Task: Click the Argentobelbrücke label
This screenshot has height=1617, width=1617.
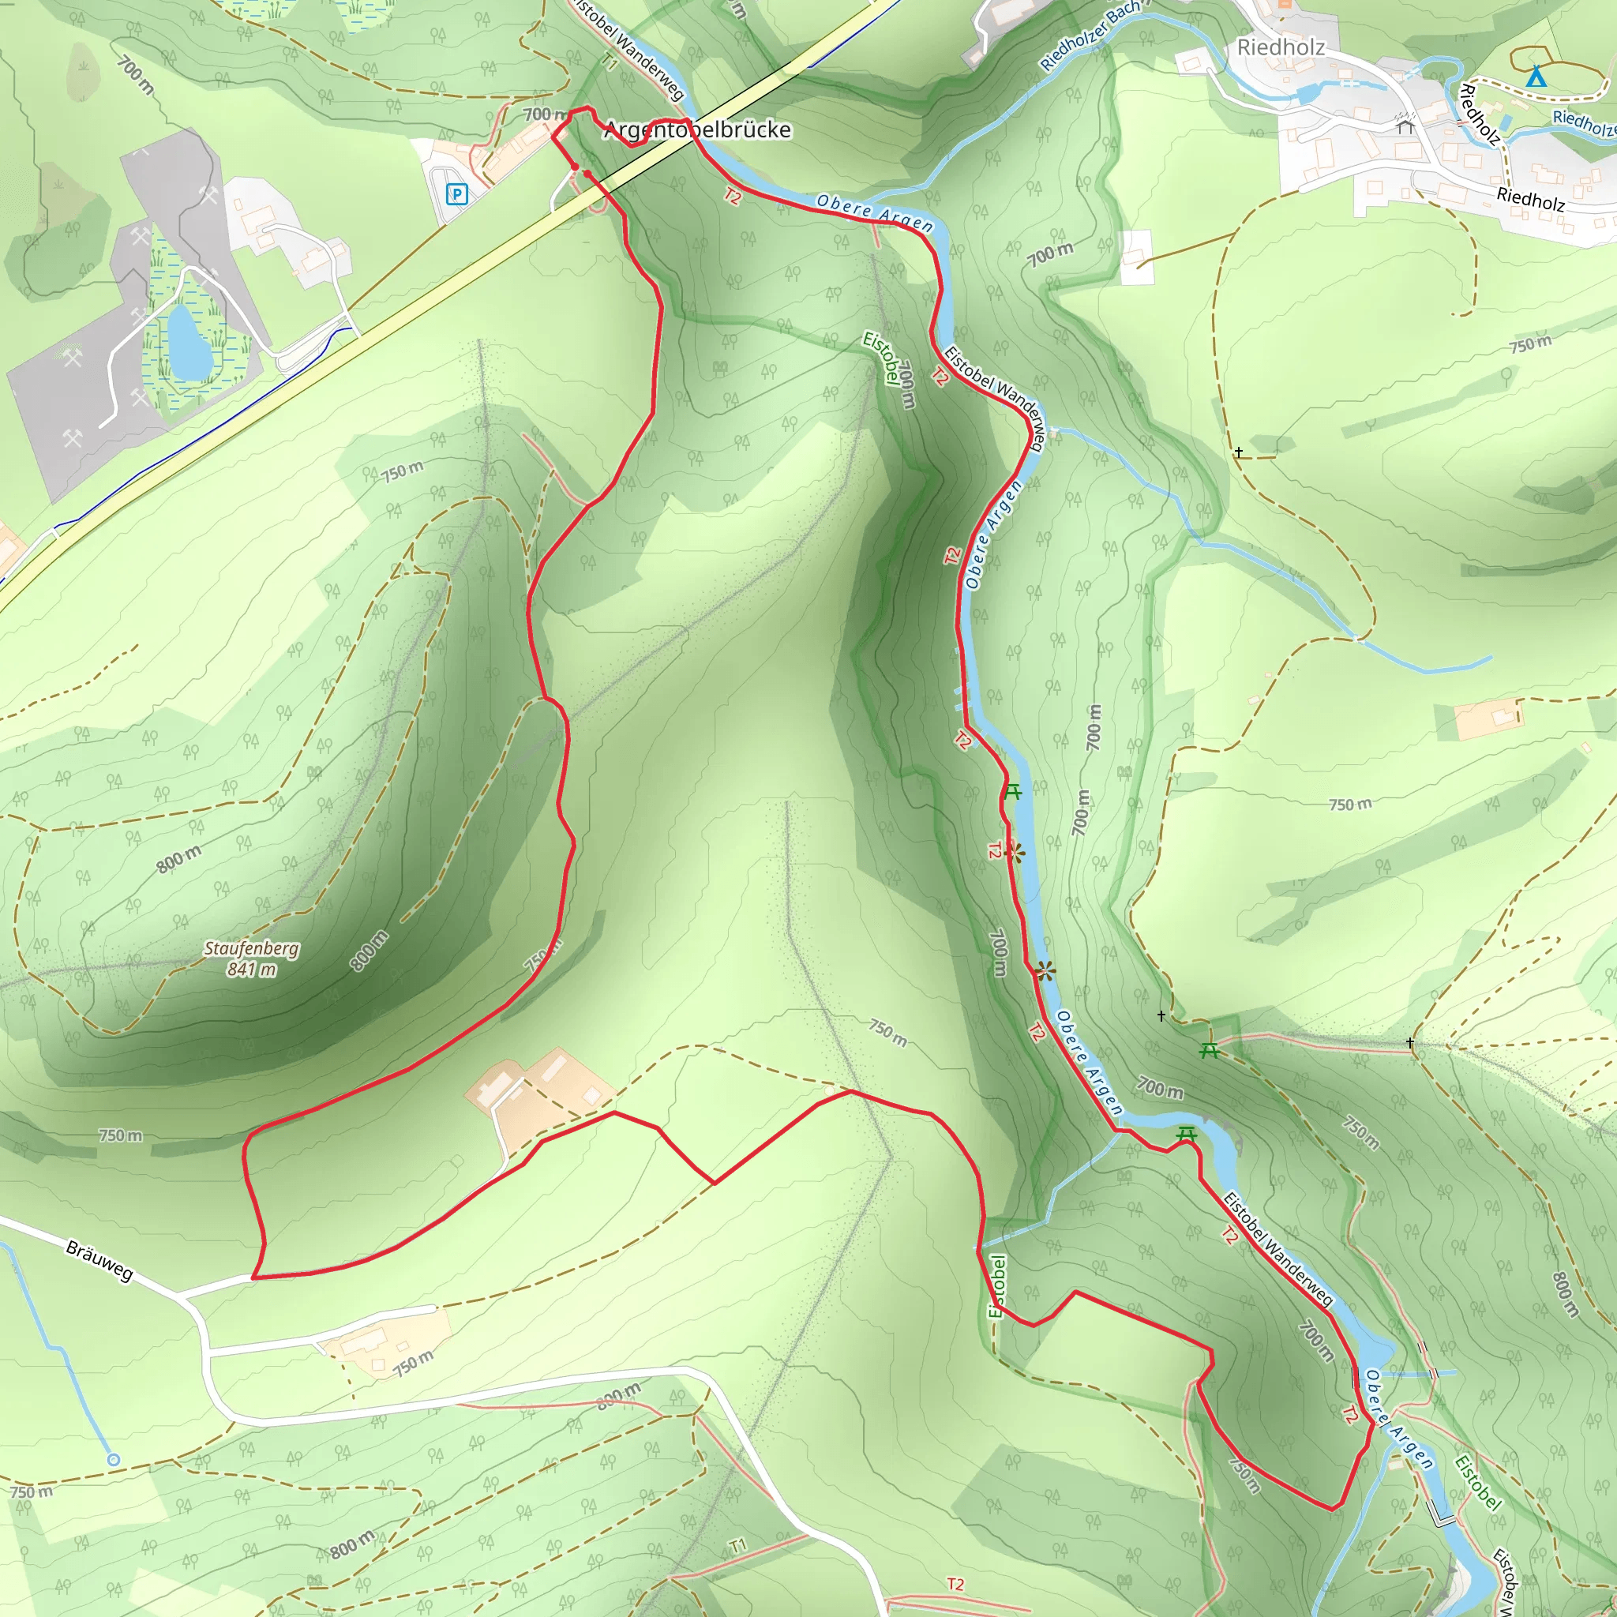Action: tap(697, 129)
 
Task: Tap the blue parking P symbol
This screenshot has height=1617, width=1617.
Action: tap(456, 195)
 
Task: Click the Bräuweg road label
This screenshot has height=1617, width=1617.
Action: tap(99, 1261)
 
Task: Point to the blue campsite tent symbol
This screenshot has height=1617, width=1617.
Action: tap(1535, 77)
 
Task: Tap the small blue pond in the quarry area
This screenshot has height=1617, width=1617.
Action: tap(190, 341)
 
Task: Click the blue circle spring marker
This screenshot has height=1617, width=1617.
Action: tap(114, 1460)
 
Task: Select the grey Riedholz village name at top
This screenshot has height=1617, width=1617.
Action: tap(1281, 47)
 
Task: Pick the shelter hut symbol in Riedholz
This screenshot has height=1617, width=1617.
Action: tap(1405, 127)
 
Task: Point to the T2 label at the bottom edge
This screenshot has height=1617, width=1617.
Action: tap(955, 1584)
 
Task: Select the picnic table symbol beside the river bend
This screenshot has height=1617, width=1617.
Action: tap(1186, 1134)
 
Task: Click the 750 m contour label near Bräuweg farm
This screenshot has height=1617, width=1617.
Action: tap(414, 1363)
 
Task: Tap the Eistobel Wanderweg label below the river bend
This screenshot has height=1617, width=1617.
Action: tap(1277, 1249)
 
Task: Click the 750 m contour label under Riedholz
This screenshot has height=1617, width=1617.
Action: tap(1530, 343)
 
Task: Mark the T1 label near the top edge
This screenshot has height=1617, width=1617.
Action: tap(610, 61)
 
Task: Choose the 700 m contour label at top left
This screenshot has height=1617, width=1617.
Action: tap(136, 75)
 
